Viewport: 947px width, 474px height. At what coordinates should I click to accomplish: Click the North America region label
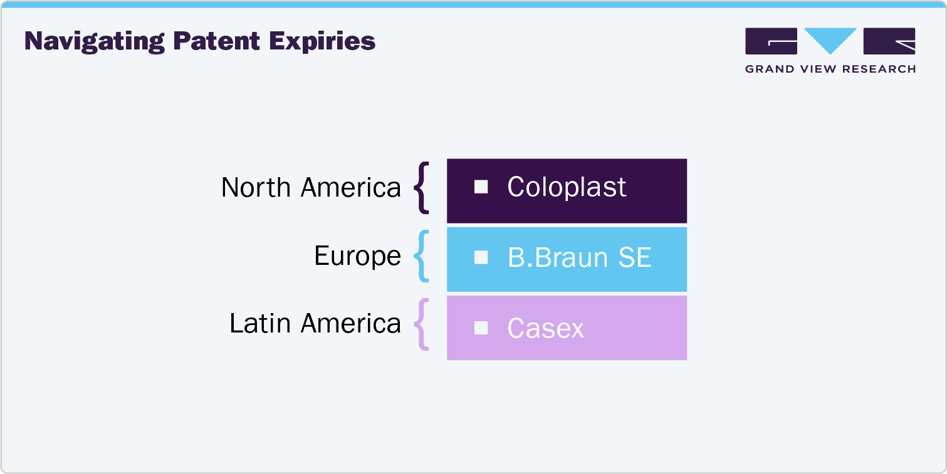point(311,187)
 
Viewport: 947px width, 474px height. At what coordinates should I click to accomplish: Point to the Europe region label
point(357,255)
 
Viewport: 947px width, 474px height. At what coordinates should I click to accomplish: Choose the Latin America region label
point(315,323)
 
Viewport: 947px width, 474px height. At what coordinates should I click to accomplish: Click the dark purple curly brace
point(422,187)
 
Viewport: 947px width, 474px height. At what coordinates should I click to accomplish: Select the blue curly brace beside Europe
point(422,255)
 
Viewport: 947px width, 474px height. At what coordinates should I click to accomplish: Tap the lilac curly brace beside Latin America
point(422,323)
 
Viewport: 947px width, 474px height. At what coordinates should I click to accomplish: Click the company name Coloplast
point(567,187)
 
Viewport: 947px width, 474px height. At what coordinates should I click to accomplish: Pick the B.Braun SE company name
point(579,257)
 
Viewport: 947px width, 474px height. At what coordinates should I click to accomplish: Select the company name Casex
point(545,328)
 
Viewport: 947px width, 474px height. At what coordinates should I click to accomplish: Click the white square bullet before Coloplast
point(481,187)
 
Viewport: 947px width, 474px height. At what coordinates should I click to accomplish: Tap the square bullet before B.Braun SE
point(481,257)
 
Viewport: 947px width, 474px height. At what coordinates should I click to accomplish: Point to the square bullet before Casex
point(481,328)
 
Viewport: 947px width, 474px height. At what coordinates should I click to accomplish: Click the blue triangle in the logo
point(830,39)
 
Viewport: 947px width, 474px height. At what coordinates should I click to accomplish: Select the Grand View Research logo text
point(830,69)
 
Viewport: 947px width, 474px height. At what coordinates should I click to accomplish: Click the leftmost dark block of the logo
point(771,41)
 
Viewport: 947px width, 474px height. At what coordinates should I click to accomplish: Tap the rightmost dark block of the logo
point(889,41)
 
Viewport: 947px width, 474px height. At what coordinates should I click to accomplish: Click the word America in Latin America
point(350,323)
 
